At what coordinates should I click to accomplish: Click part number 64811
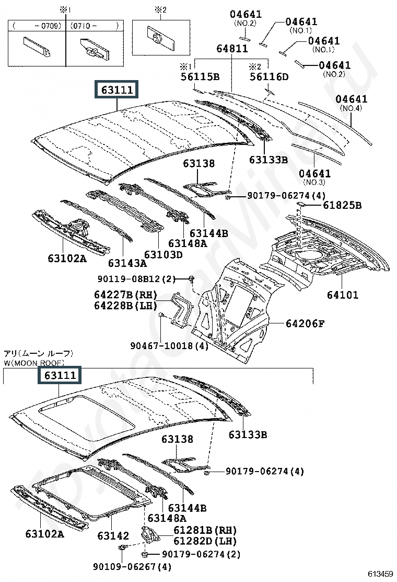coord(232,49)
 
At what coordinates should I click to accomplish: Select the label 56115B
coord(200,77)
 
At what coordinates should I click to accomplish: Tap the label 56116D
coord(269,77)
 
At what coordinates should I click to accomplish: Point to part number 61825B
coord(342,205)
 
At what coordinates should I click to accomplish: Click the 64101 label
coord(343,295)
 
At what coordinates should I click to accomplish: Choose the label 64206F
coord(305,323)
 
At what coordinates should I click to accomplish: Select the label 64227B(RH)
coord(125,295)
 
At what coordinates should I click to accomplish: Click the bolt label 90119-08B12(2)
coord(137,279)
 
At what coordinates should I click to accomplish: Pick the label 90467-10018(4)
coord(169,346)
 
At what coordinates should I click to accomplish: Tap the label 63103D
coord(164,255)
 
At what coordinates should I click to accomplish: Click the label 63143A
coord(127,263)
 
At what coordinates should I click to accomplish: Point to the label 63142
coord(113,535)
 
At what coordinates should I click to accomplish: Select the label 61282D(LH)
coord(205,541)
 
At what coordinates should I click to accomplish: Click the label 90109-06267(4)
coord(132,567)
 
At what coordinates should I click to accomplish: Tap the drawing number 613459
coord(380,574)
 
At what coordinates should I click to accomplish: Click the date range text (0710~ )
coord(95,26)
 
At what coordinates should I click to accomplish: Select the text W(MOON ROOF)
coord(34,363)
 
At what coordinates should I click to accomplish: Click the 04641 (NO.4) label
coord(352,103)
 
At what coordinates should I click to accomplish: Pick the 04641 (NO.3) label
coord(314,177)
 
